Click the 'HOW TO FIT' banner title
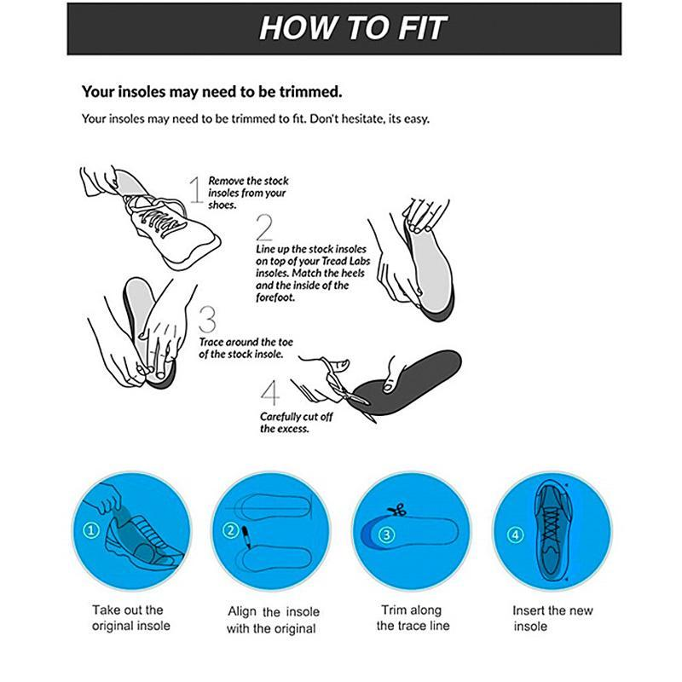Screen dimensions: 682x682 352,27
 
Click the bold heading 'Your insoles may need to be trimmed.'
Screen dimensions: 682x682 211,90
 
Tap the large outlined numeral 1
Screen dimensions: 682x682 195,191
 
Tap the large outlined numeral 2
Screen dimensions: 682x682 264,228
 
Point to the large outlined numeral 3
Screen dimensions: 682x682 207,319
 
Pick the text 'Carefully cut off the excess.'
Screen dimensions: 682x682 296,423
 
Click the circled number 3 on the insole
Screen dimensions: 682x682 386,535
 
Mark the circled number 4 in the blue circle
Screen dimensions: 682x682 514,535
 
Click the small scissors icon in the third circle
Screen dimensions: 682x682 394,511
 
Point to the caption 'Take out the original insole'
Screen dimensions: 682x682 130,618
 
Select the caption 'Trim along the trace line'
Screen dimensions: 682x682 413,618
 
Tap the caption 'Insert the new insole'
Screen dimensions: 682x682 552,618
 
